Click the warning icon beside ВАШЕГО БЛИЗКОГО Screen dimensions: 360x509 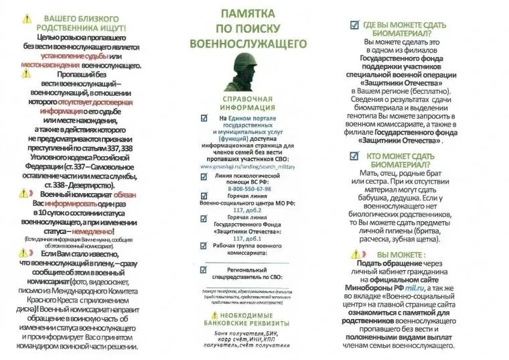coord(25,18)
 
